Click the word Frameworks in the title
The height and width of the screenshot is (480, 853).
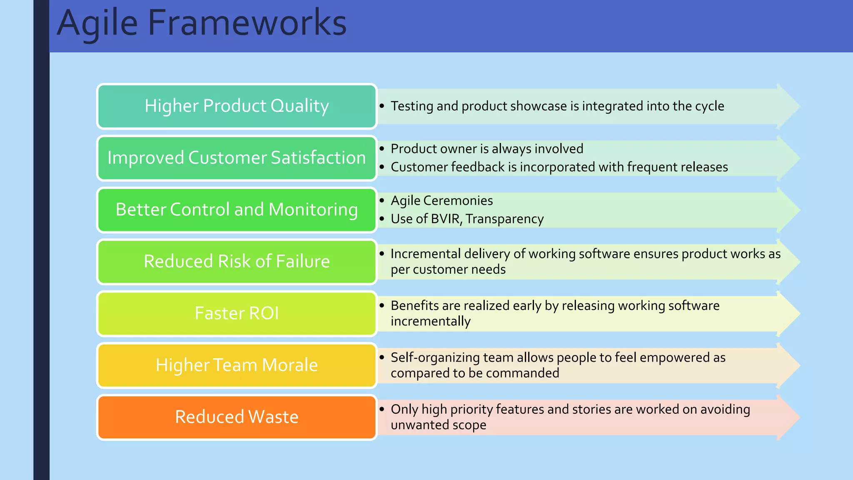[247, 23]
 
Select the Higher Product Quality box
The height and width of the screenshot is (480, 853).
[237, 106]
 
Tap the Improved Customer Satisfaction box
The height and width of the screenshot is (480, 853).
[237, 158]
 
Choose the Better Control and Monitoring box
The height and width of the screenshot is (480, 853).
[237, 210]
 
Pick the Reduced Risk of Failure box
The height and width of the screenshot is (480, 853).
[237, 262]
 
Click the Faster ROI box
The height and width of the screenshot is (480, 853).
[237, 313]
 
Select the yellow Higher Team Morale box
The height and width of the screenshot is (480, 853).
[237, 365]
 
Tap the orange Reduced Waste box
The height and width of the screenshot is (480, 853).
[237, 417]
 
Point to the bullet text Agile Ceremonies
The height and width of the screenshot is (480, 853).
[441, 200]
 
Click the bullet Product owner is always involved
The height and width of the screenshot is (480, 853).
[486, 149]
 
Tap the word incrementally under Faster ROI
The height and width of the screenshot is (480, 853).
[430, 321]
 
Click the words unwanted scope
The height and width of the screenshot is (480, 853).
[438, 425]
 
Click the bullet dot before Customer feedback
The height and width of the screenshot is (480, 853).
[382, 167]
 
